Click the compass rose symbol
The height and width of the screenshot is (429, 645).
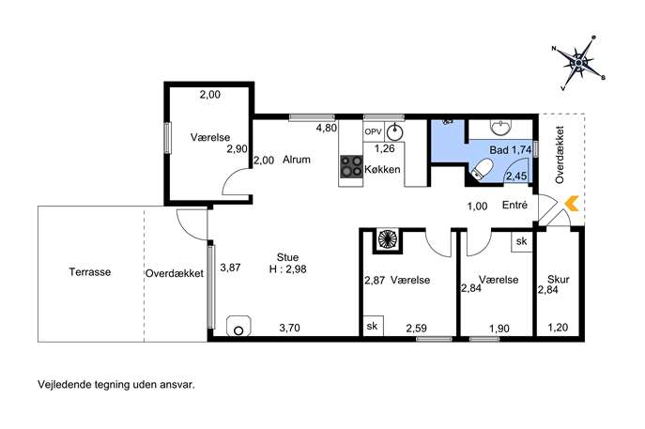click(578, 63)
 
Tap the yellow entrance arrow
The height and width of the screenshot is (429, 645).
click(572, 204)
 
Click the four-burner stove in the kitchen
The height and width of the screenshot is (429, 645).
click(351, 166)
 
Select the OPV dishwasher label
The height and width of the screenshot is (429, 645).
click(373, 132)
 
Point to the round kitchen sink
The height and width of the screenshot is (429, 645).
click(394, 132)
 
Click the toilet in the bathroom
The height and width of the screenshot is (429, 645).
click(482, 170)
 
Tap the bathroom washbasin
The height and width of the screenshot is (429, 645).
click(500, 127)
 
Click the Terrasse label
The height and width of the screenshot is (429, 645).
click(90, 272)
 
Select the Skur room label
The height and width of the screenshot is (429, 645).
click(559, 280)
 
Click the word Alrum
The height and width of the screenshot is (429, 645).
click(296, 160)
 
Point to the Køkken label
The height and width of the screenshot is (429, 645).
click(382, 170)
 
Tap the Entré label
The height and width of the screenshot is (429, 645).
click(514, 205)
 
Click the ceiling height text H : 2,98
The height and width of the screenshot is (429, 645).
click(287, 269)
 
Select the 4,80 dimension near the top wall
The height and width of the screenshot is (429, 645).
click(326, 128)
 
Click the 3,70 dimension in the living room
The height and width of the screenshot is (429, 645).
click(289, 328)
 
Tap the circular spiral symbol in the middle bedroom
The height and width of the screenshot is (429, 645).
click(387, 239)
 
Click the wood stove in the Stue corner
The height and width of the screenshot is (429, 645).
click(238, 326)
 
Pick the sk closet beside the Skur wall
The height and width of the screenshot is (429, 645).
click(522, 241)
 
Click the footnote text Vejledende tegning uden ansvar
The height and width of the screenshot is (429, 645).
click(116, 385)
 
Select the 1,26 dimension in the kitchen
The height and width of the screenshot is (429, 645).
click(384, 148)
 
